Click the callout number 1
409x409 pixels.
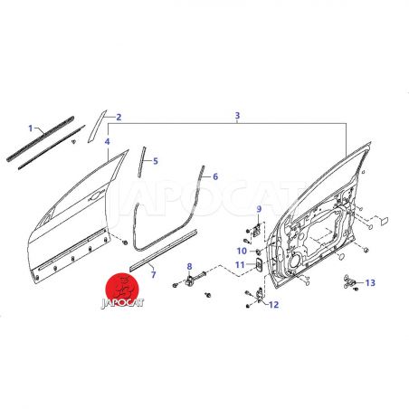[x=30, y=128]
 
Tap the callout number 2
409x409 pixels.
[x=119, y=117]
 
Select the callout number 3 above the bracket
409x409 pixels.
[x=237, y=115]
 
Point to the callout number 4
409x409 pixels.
[x=108, y=141]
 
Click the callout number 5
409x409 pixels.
[x=156, y=161]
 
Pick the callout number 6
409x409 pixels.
[x=215, y=176]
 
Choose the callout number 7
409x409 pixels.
[x=154, y=274]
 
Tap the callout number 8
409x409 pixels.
[x=189, y=266]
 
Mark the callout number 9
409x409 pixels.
[x=259, y=209]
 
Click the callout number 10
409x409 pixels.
[x=242, y=251]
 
